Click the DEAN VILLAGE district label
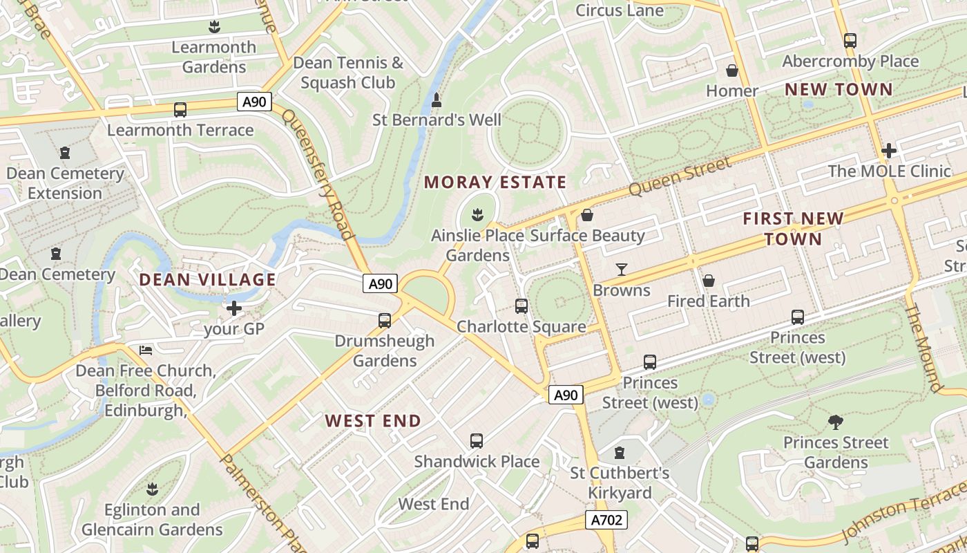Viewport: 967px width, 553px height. (x=207, y=280)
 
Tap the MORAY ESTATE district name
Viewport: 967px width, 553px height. (x=495, y=182)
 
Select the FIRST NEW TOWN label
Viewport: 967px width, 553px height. (x=793, y=229)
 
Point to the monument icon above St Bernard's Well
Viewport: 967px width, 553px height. (x=437, y=101)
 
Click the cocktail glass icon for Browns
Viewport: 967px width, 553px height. (x=622, y=270)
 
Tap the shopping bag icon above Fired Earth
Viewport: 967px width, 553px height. (x=708, y=281)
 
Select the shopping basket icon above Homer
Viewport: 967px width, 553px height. (x=732, y=71)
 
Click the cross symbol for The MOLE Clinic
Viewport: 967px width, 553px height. (x=889, y=150)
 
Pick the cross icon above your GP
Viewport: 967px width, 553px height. (x=234, y=308)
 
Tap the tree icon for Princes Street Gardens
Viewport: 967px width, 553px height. (x=835, y=422)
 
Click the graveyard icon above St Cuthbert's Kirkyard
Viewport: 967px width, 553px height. (x=620, y=453)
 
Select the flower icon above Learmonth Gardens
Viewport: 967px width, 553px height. (x=214, y=27)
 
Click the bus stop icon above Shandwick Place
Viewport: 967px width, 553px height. (x=476, y=441)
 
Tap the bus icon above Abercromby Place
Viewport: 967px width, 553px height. (x=850, y=41)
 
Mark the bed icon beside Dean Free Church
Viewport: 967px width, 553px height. (x=146, y=350)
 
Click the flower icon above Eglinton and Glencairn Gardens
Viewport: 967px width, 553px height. (x=152, y=489)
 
